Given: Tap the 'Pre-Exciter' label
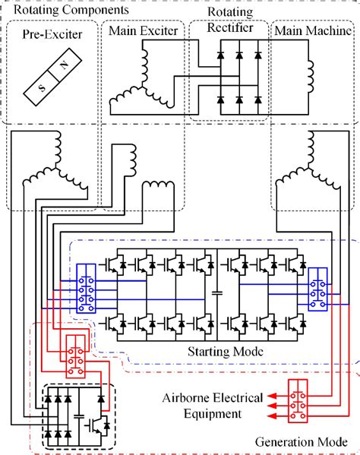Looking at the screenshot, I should click(51, 34).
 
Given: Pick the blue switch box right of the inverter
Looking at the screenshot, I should click(316, 288).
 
